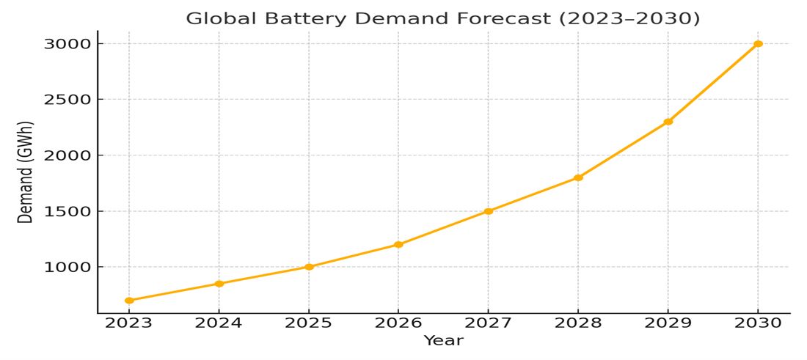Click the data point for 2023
(129, 301)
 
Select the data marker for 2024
(219, 284)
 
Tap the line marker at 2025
(309, 267)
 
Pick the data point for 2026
(398, 244)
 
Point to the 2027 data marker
(489, 211)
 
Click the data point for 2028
(578, 177)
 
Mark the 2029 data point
(668, 122)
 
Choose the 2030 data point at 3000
(758, 44)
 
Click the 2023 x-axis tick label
(129, 323)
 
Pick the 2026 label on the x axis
(398, 323)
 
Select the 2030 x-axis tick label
(758, 323)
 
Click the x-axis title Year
(443, 341)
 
